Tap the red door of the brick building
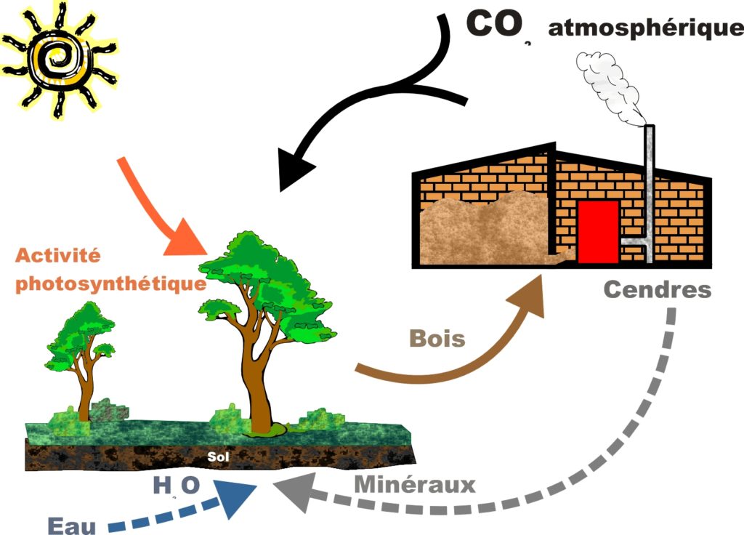tap(598, 230)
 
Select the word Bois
tap(437, 338)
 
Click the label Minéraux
tap(415, 484)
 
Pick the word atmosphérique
tap(645, 28)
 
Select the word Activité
tap(57, 256)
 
